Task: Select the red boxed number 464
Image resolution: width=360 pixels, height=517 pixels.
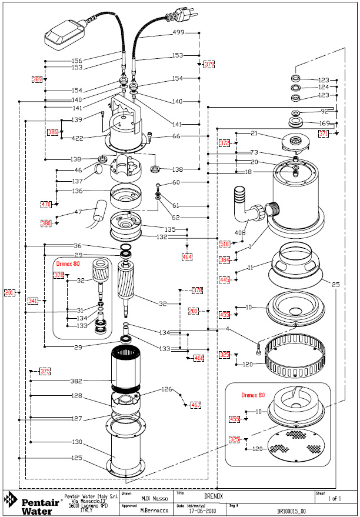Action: (x=187, y=256)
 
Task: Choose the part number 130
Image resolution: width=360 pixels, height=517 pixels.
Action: (x=76, y=442)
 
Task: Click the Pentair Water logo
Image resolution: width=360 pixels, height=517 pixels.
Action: (x=29, y=503)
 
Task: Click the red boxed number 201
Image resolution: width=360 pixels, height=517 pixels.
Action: (x=9, y=292)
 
